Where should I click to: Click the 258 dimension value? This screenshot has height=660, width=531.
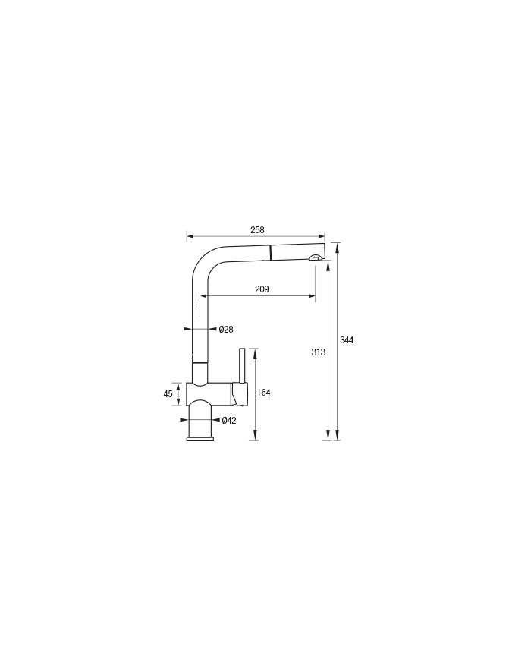(x=257, y=230)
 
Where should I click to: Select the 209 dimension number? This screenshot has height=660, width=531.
(x=262, y=289)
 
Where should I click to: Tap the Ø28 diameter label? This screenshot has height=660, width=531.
(x=226, y=329)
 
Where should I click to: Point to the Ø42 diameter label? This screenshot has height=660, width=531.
(x=229, y=420)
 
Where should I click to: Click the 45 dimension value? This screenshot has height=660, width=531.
(x=168, y=394)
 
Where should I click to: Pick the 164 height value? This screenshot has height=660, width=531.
(x=264, y=393)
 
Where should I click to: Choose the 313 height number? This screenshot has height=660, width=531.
(x=319, y=352)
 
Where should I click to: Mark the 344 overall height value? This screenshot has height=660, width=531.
(x=347, y=340)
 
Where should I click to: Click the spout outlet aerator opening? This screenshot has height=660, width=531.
(x=314, y=258)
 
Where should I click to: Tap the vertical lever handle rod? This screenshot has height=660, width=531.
(x=242, y=365)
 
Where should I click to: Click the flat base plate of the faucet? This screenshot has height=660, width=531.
(x=200, y=438)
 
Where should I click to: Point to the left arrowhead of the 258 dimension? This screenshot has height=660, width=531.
(x=190, y=236)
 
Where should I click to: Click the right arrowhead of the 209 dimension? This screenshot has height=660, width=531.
(x=313, y=296)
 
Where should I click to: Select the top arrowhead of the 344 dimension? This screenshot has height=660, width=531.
(x=338, y=246)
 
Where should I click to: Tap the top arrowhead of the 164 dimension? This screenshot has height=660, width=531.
(x=254, y=352)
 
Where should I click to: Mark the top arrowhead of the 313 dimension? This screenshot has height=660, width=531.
(x=328, y=264)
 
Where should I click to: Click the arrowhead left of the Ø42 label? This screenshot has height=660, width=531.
(x=184, y=420)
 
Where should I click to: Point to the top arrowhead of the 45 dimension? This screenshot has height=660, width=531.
(x=179, y=386)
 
